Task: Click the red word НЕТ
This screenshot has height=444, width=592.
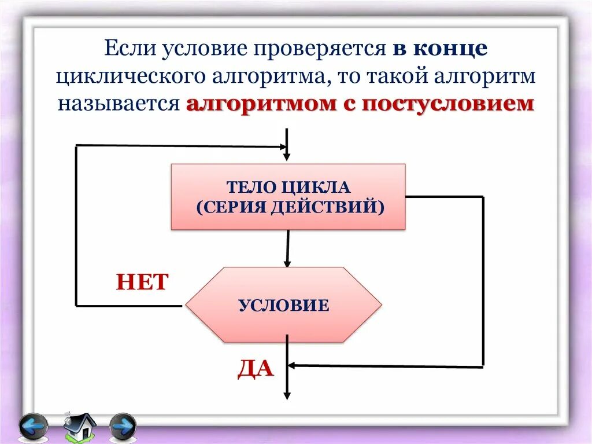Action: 142,282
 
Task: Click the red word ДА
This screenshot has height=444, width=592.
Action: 255,368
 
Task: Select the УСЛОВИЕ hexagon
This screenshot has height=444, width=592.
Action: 283,304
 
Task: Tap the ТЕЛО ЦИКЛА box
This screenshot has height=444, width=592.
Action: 288,196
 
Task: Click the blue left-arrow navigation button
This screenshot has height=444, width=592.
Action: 33,427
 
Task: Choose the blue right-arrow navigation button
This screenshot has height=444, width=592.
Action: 123,427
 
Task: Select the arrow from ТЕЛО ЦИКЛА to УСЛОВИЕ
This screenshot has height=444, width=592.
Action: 287,248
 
